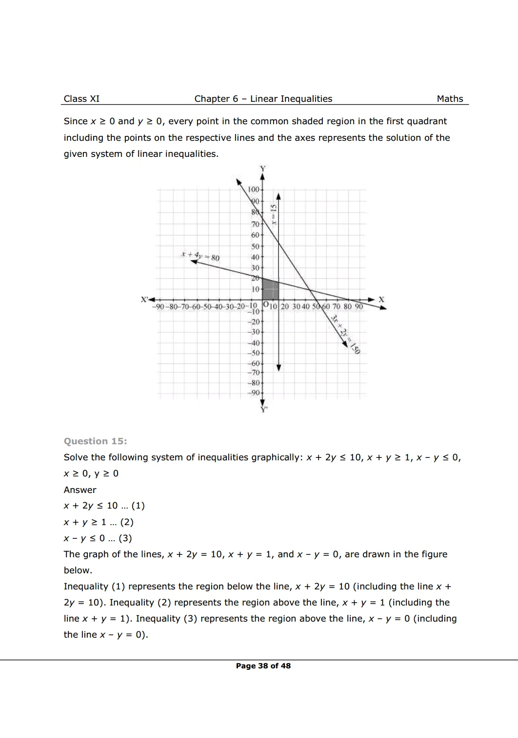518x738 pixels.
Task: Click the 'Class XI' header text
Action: [81, 99]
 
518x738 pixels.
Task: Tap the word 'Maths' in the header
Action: [450, 99]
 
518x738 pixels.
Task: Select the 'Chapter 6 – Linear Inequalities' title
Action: [263, 99]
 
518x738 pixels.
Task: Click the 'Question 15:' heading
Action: [95, 441]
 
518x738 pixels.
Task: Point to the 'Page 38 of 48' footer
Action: [263, 666]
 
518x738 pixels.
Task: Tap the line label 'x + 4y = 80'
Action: [200, 256]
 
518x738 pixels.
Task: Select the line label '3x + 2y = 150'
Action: [345, 334]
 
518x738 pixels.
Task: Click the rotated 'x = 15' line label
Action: [274, 214]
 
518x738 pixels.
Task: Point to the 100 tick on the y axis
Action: [254, 189]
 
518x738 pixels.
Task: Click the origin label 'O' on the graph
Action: [265, 305]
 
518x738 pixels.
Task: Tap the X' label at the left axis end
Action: [144, 300]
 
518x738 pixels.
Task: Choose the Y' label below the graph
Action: [264, 410]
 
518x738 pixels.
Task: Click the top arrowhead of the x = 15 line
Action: [279, 196]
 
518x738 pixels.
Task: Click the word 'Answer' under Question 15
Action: [80, 490]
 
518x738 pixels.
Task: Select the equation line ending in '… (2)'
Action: [99, 522]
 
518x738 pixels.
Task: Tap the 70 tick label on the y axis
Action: [255, 225]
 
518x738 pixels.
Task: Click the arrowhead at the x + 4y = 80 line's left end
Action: [194, 262]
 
